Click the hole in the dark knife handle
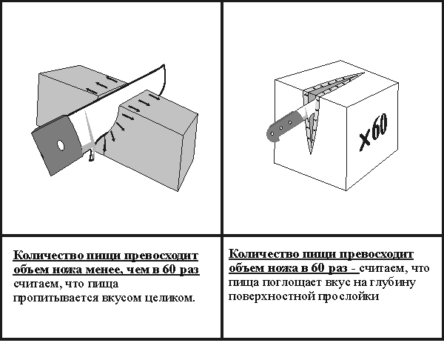(x=61, y=146)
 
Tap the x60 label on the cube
(x=374, y=132)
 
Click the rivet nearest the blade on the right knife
(x=290, y=122)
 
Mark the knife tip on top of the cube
(x=364, y=73)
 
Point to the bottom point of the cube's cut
(x=311, y=154)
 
